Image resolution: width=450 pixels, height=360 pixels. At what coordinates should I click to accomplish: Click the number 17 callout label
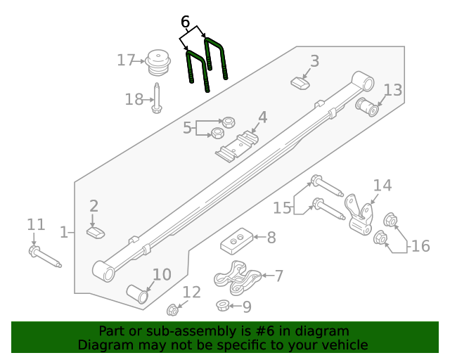126,60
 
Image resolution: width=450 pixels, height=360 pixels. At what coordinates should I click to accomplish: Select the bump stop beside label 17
157,63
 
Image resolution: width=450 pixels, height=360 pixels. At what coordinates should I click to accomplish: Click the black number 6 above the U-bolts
185,22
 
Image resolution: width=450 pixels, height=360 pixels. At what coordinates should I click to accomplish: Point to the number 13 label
393,90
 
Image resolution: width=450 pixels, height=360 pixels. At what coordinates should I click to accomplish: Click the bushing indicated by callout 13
368,108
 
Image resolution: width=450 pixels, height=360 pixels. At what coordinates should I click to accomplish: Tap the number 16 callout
420,246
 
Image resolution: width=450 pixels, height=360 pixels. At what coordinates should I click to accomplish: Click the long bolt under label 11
45,257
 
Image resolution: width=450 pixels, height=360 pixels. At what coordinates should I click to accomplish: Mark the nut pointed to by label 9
221,305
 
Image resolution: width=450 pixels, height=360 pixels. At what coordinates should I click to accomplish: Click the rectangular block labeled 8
236,243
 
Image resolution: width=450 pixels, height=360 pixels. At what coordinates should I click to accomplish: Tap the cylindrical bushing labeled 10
138,294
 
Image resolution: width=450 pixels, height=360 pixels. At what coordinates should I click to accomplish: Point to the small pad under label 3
301,84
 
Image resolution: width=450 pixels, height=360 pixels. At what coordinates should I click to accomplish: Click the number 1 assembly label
63,231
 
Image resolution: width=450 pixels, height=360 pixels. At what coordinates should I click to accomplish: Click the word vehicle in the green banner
344,345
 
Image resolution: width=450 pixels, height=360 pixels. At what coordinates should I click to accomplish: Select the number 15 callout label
282,208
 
